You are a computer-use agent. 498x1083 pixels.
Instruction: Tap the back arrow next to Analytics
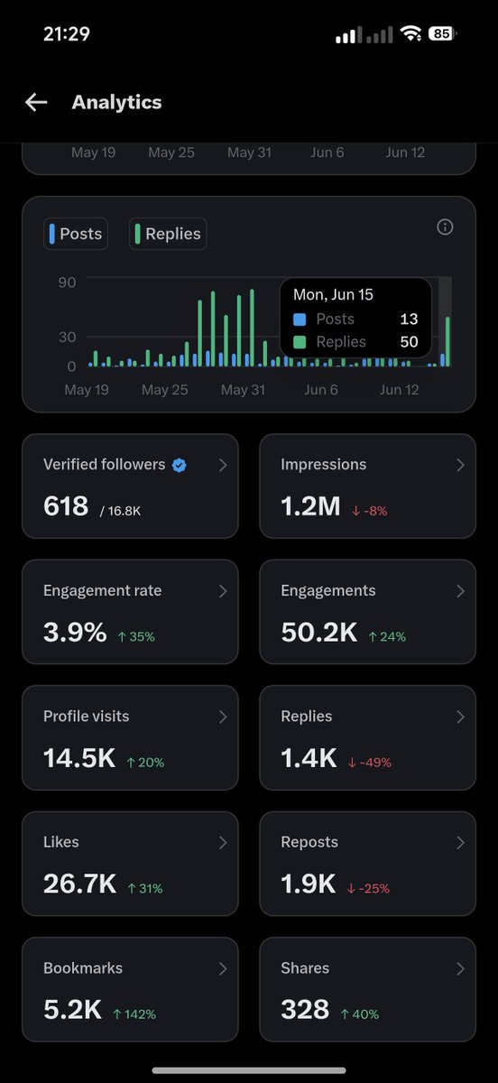pyautogui.click(x=36, y=103)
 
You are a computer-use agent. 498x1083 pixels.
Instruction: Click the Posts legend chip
pyautogui.click(x=76, y=234)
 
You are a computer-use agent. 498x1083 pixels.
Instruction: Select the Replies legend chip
pyautogui.click(x=168, y=234)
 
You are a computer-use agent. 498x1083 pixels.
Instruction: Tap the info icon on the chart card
pyautogui.click(x=445, y=227)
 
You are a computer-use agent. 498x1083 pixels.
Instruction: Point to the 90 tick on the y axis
pyautogui.click(x=67, y=282)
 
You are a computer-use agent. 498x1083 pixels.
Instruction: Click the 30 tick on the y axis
pyautogui.click(x=67, y=337)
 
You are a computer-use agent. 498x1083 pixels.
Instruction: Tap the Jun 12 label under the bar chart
pyautogui.click(x=399, y=390)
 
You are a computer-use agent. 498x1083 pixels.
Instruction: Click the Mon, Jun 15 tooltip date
pyautogui.click(x=333, y=294)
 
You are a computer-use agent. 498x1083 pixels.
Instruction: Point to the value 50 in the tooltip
pyautogui.click(x=409, y=342)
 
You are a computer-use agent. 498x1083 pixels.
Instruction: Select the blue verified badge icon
pyautogui.click(x=180, y=465)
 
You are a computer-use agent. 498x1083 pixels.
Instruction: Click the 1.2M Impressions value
pyautogui.click(x=310, y=506)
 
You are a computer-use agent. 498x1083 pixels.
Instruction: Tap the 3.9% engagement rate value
pyautogui.click(x=75, y=632)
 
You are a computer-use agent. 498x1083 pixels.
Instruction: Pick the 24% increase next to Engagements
pyautogui.click(x=387, y=637)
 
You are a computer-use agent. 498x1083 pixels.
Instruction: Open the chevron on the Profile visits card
pyautogui.click(x=223, y=717)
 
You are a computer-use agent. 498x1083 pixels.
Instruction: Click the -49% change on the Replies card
pyautogui.click(x=369, y=763)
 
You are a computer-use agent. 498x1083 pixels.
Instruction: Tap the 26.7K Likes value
pyautogui.click(x=79, y=884)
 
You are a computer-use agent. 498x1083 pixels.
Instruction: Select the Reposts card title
pyautogui.click(x=309, y=842)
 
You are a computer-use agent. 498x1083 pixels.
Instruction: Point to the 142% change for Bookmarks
pyautogui.click(x=134, y=1014)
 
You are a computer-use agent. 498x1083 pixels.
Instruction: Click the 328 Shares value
pyautogui.click(x=305, y=1010)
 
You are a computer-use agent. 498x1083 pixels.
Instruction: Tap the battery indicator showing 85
pyautogui.click(x=442, y=34)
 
